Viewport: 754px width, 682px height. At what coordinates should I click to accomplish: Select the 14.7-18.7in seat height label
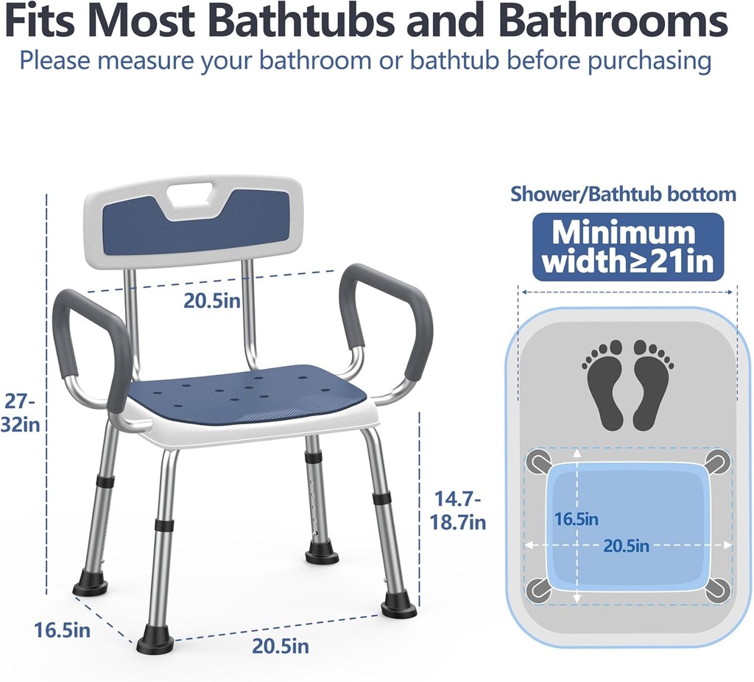tap(457, 510)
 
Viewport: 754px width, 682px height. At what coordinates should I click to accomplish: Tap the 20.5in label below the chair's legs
tap(281, 646)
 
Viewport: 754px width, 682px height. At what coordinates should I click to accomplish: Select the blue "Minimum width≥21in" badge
tap(628, 247)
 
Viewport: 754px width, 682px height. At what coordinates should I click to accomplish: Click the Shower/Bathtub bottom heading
tap(623, 194)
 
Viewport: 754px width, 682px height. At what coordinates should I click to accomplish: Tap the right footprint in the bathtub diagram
tap(652, 383)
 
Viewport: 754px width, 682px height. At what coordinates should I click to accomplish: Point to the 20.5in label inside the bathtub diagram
tap(627, 546)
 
